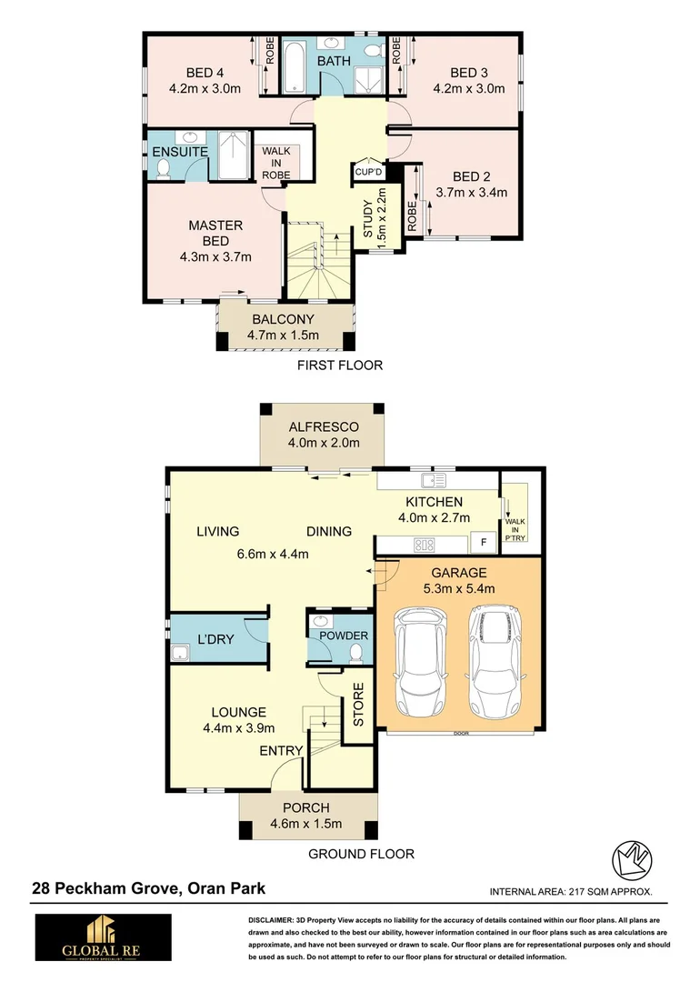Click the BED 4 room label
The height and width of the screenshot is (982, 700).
click(205, 73)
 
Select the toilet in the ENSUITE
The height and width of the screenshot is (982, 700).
click(165, 168)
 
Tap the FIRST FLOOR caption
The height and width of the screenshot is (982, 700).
click(340, 366)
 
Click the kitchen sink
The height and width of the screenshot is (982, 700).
click(431, 479)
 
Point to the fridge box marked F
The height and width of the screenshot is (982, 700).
click(484, 543)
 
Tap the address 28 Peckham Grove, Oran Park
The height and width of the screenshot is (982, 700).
click(149, 889)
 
